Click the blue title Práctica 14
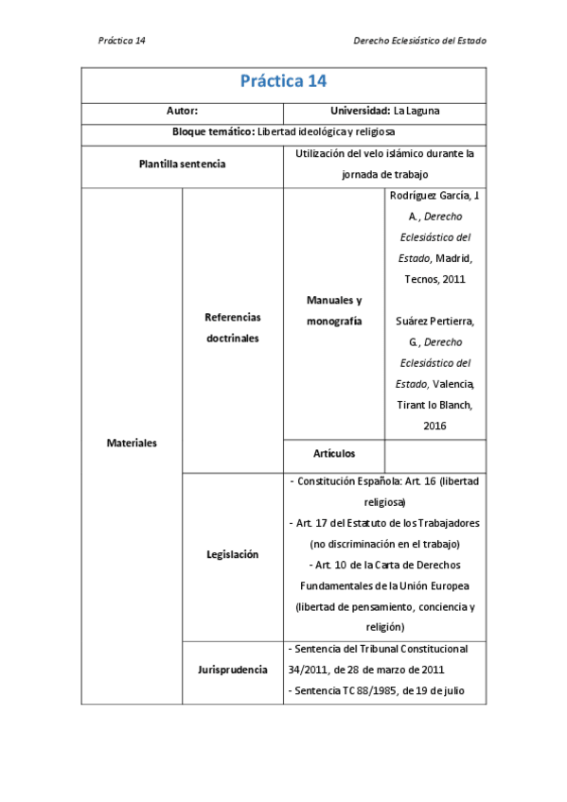pyautogui.click(x=283, y=81)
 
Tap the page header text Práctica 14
pyautogui.click(x=121, y=41)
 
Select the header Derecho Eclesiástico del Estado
pyautogui.click(x=418, y=41)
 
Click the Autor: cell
pyautogui.click(x=182, y=112)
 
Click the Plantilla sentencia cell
pyautogui.click(x=182, y=164)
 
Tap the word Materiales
pyautogui.click(x=132, y=443)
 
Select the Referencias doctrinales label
pyautogui.click(x=232, y=327)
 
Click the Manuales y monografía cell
pyautogui.click(x=334, y=310)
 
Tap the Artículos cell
pyautogui.click(x=334, y=454)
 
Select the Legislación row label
pyautogui.click(x=232, y=555)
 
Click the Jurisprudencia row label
pyautogui.click(x=232, y=670)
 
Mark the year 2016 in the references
pyautogui.click(x=434, y=426)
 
